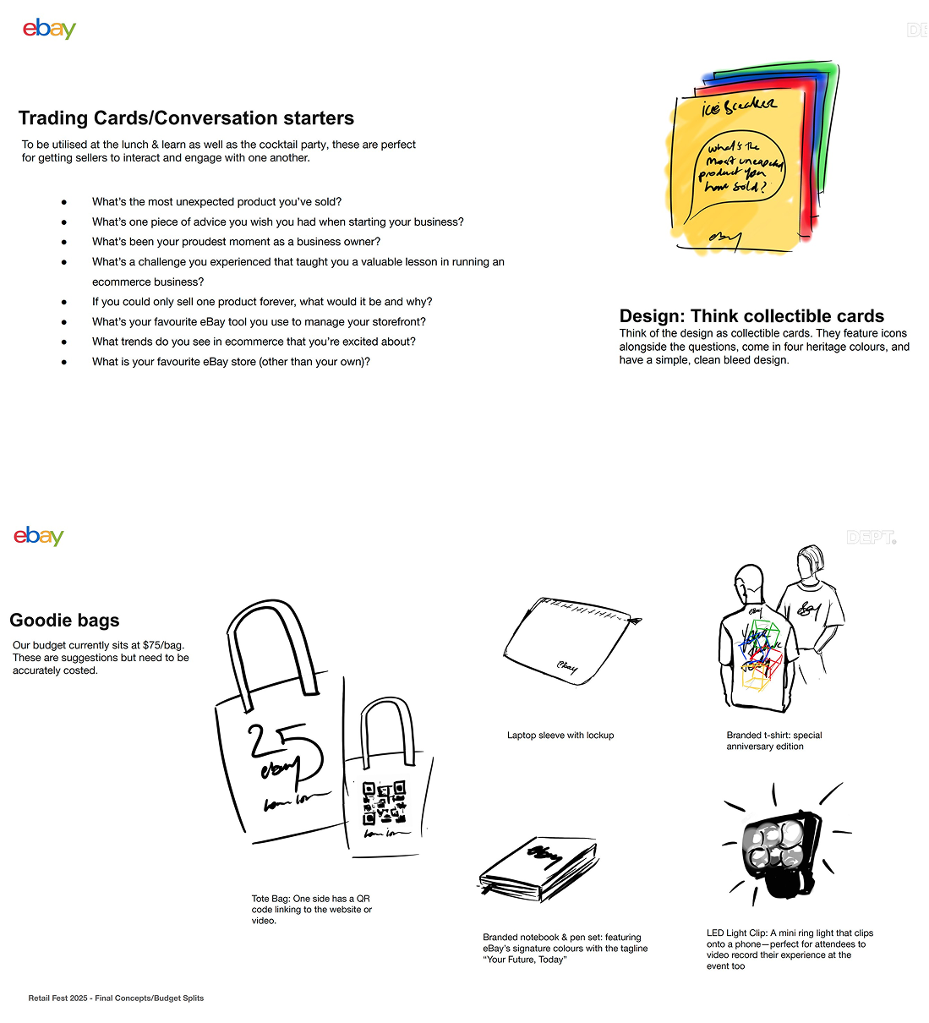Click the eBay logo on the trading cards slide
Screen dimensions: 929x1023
49,29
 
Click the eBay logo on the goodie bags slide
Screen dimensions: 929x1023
39,536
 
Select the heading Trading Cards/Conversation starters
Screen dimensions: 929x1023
186,118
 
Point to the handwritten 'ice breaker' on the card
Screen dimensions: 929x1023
739,106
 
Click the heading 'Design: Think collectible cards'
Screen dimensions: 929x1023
751,316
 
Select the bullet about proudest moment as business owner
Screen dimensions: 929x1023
236,242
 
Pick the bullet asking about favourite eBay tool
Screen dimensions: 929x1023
259,322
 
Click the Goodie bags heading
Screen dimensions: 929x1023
64,621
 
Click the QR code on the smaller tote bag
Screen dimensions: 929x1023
384,802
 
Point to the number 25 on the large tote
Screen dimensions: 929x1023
284,748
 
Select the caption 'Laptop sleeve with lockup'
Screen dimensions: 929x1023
560,736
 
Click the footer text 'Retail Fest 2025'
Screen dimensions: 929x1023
116,998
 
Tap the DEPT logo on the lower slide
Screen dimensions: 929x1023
871,538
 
